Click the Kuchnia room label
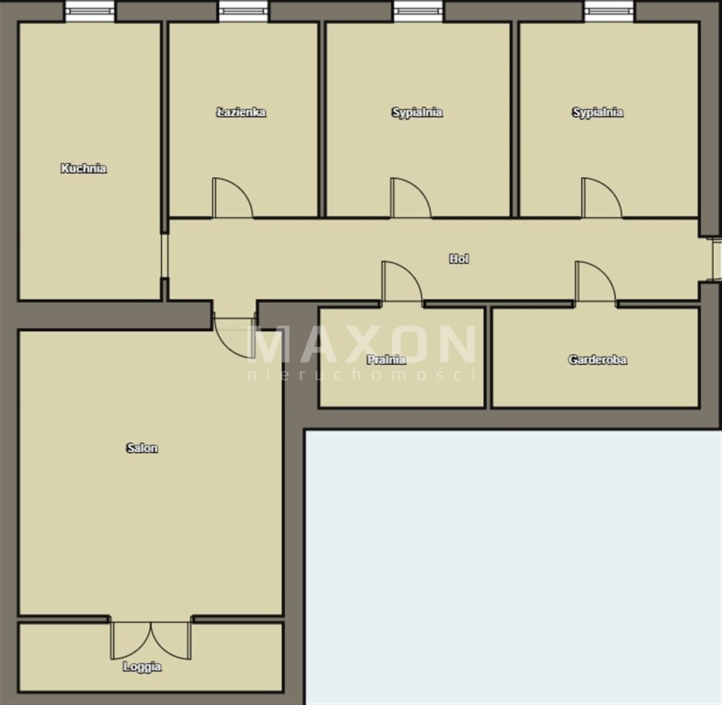point(83,168)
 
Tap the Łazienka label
point(241,112)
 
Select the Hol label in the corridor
point(459,258)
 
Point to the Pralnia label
point(386,360)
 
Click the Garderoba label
point(597,360)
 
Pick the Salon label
point(142,448)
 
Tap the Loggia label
point(142,667)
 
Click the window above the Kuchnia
point(90,11)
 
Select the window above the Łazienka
point(243,11)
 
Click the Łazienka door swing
point(232,198)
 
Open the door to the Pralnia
point(402,281)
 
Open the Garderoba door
point(596,281)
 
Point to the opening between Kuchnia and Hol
point(165,256)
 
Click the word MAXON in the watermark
point(362,344)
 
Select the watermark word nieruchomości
point(362,374)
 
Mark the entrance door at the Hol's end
point(717,259)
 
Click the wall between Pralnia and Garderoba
point(488,358)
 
